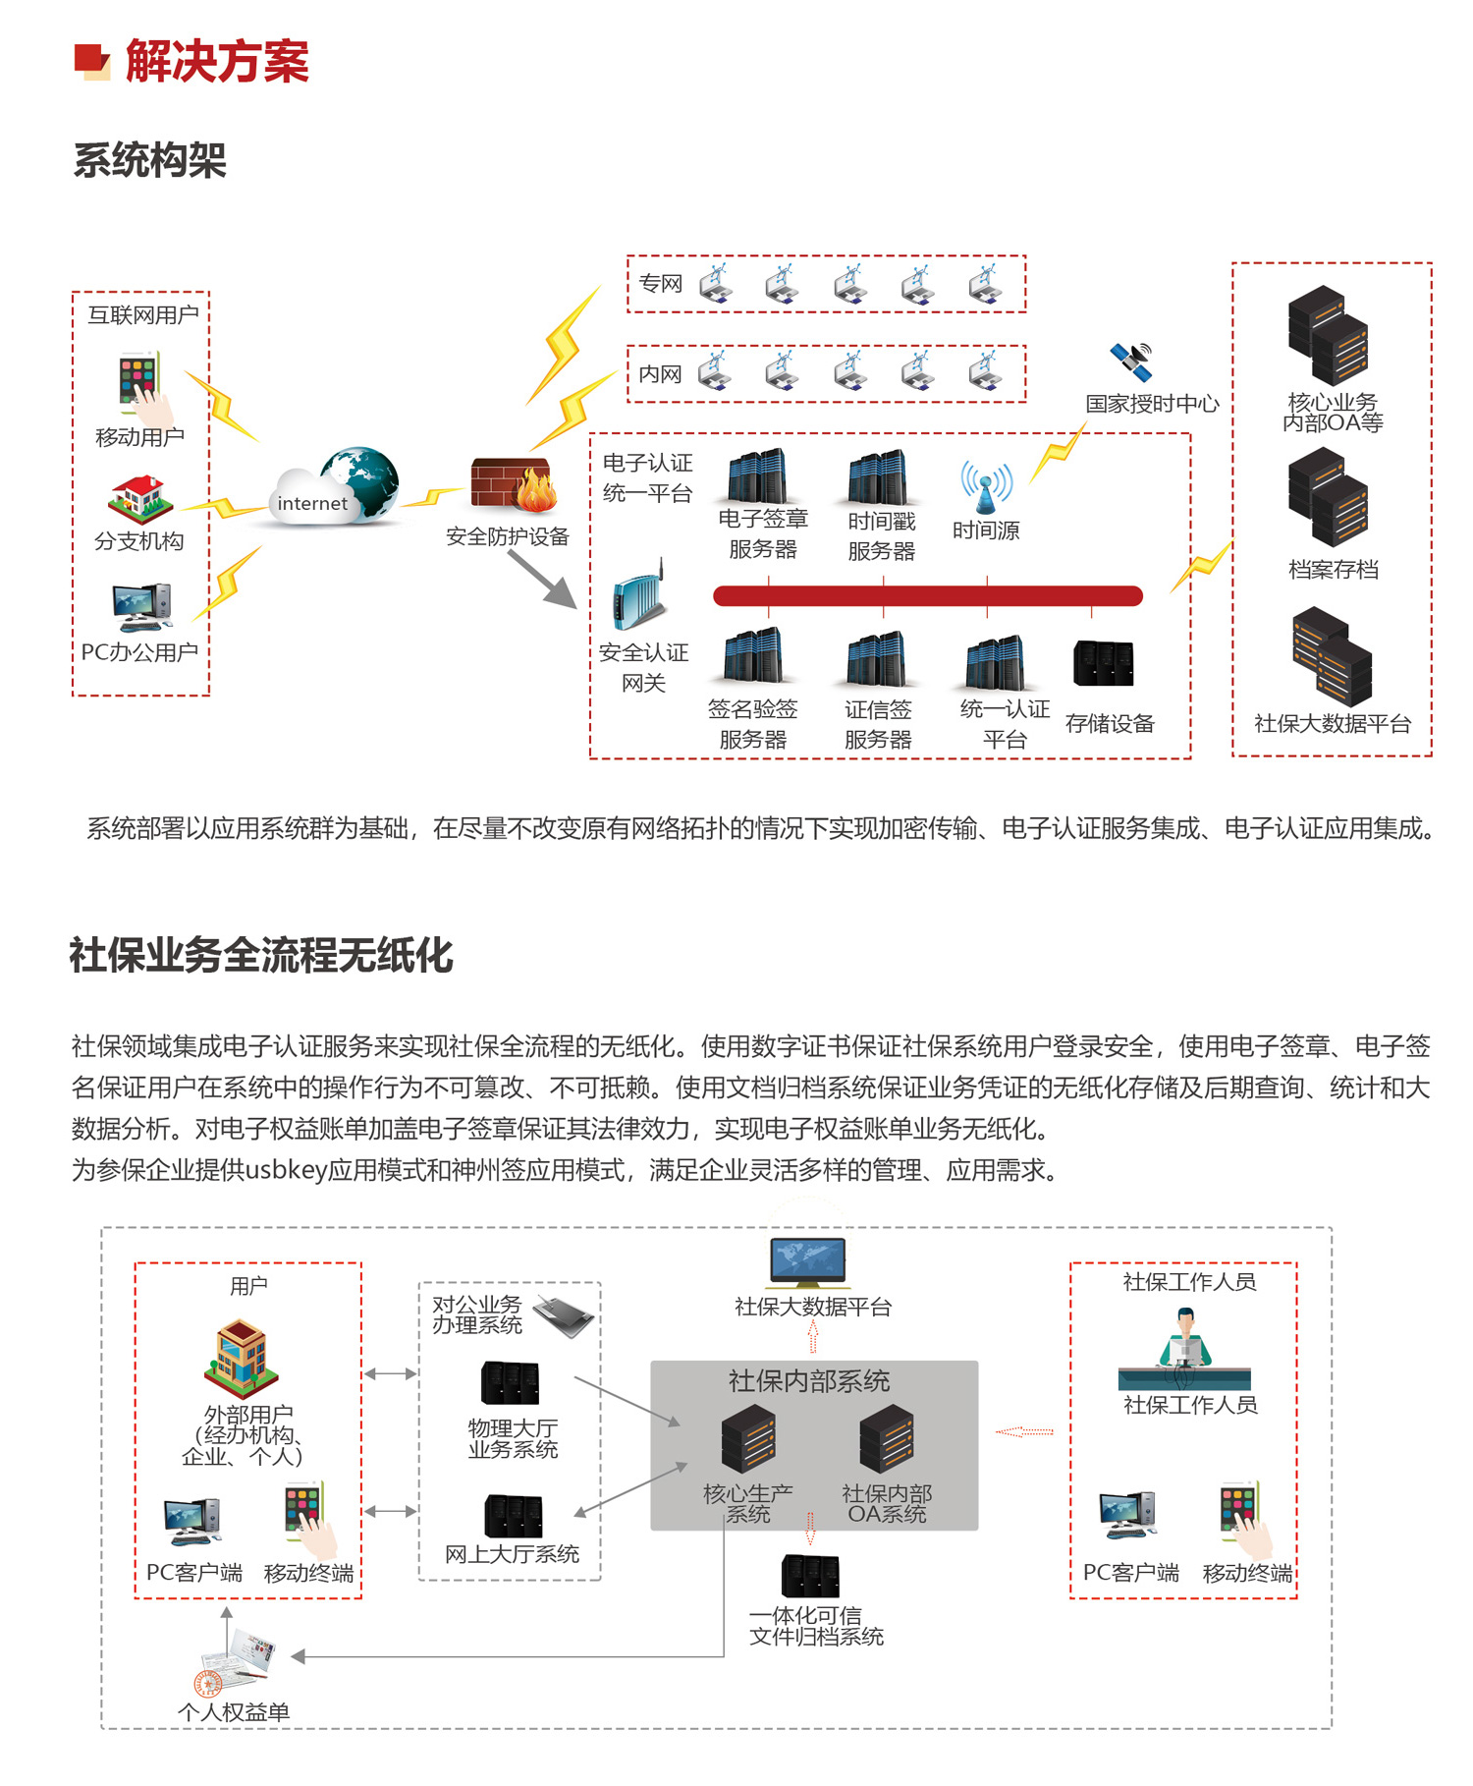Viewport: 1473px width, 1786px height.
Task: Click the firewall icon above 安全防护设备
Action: (x=513, y=484)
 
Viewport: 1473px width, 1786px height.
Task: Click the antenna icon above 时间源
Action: (x=986, y=486)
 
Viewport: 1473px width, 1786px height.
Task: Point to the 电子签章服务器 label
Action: (x=763, y=533)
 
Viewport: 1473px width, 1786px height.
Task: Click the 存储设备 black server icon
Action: (x=1104, y=664)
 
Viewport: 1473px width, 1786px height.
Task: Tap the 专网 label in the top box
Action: (x=660, y=284)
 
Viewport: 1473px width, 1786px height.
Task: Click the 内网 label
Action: (x=659, y=374)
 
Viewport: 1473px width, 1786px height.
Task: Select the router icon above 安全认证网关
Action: (x=638, y=597)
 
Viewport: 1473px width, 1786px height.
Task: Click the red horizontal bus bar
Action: (x=927, y=595)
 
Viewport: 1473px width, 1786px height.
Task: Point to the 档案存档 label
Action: (x=1333, y=569)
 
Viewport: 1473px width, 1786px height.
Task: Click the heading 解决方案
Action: (x=217, y=62)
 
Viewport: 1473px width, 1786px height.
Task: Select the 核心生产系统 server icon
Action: (x=748, y=1439)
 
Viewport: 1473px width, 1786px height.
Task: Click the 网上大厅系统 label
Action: (x=512, y=1554)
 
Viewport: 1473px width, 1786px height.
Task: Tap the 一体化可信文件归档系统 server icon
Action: (x=810, y=1577)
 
